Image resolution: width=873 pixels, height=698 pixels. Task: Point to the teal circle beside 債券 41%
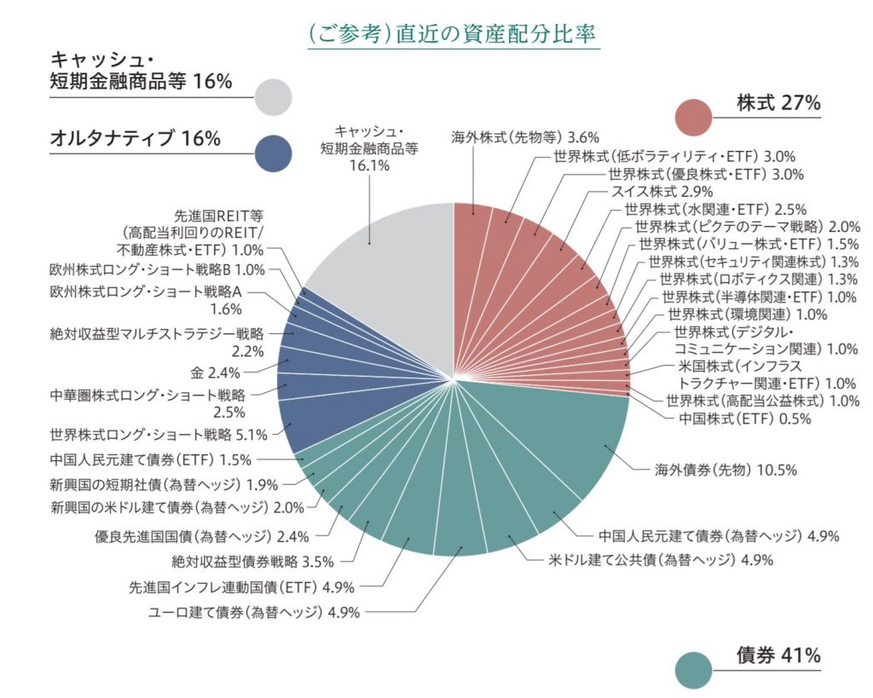(693, 670)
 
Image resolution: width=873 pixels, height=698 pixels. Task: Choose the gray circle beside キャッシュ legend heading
(273, 97)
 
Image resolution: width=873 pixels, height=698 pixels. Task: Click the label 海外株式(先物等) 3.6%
(525, 136)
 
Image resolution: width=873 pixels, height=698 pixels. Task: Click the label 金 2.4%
(216, 372)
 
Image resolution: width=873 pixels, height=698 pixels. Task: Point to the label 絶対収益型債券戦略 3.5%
(252, 561)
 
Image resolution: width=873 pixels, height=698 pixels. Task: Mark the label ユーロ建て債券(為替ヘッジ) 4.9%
(254, 612)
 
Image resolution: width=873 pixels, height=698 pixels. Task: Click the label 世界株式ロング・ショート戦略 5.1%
(159, 435)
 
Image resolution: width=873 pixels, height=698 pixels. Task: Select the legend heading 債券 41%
(778, 655)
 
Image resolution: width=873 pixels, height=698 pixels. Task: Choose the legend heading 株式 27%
(778, 103)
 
